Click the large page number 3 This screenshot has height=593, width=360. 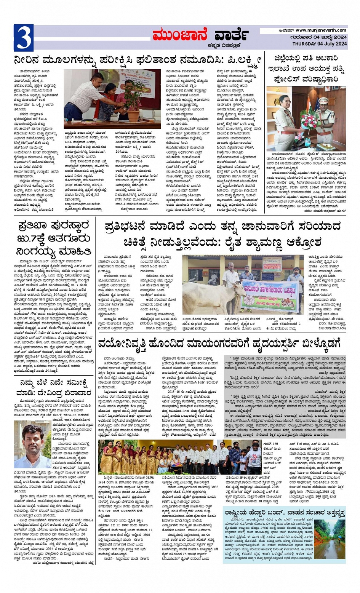24,38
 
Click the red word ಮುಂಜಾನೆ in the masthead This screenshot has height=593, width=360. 179,35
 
